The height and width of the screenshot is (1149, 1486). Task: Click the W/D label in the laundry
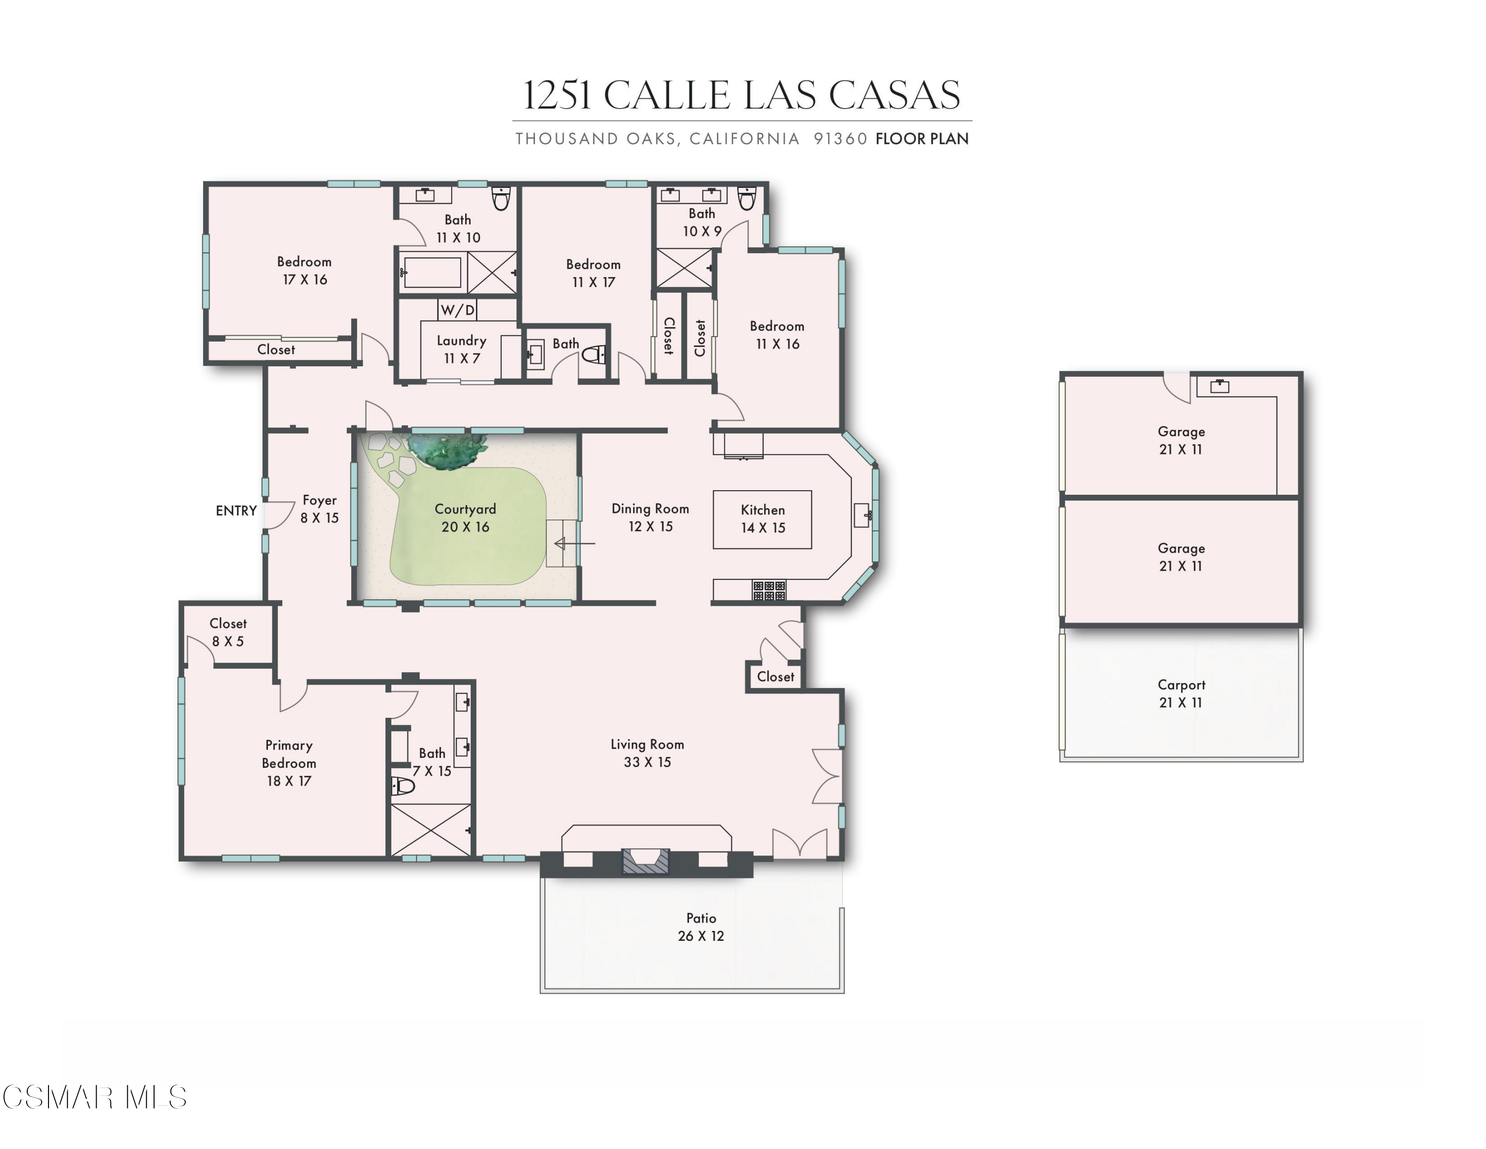click(x=457, y=310)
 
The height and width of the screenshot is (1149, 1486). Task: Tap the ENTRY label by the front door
click(x=236, y=511)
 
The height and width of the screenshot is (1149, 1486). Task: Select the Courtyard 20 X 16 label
click(x=466, y=518)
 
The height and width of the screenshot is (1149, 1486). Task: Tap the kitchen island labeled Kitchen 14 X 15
click(x=762, y=518)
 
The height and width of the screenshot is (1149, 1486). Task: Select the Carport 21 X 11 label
click(x=1181, y=693)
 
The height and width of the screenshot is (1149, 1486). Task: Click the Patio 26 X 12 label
click(x=701, y=927)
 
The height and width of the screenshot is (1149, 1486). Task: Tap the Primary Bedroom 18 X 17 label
click(x=289, y=763)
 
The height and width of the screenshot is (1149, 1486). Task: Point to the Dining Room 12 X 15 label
click(x=650, y=517)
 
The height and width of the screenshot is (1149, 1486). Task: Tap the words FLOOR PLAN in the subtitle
click(x=921, y=139)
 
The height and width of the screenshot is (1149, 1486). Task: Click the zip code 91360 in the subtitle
click(x=840, y=139)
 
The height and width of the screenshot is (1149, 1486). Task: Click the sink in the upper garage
click(x=1220, y=387)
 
